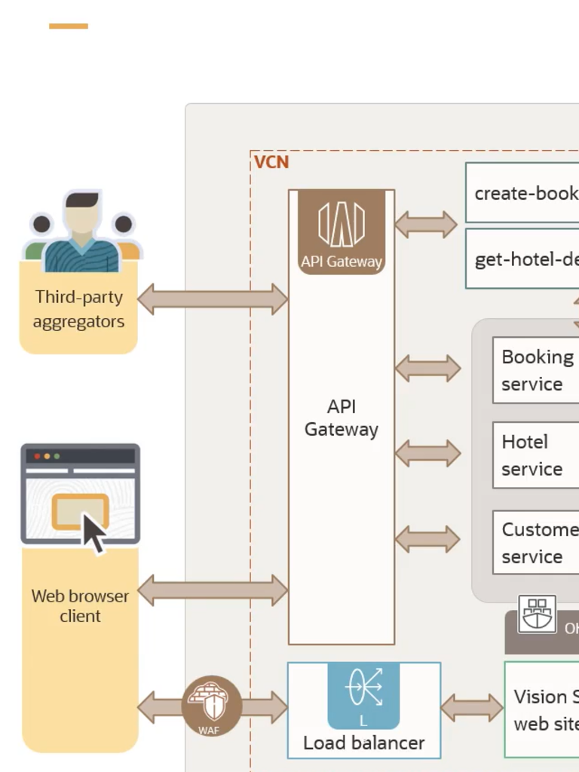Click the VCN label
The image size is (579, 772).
click(271, 162)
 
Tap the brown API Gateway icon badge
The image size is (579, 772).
click(342, 231)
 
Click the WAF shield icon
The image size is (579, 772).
click(212, 706)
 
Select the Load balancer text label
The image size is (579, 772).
click(363, 743)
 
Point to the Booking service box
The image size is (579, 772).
click(536, 370)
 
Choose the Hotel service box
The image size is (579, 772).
click(536, 455)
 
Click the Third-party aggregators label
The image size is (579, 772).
click(78, 309)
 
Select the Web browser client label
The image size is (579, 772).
click(80, 606)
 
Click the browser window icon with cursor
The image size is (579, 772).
click(81, 497)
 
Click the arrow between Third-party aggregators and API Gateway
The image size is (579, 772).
click(213, 299)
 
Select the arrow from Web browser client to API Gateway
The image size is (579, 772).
click(213, 590)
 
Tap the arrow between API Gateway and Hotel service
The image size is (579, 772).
click(427, 453)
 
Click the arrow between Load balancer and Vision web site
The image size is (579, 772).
click(472, 708)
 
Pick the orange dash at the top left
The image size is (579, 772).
click(69, 26)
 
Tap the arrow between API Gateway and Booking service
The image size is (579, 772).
click(427, 368)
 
